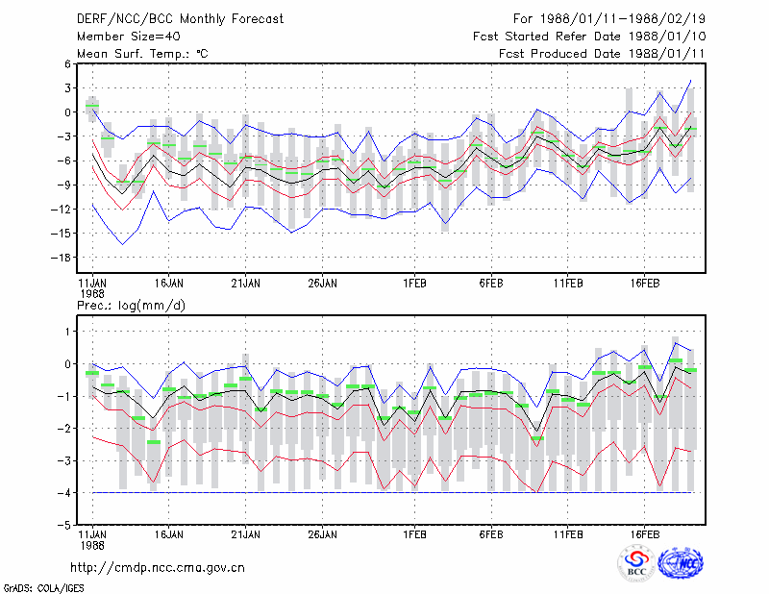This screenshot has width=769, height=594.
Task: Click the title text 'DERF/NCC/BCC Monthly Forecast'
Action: tap(180, 19)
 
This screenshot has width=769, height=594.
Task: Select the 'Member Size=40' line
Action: tap(129, 37)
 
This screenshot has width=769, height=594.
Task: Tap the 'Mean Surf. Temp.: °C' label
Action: tap(142, 54)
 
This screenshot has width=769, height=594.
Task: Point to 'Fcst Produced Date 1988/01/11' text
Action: tap(602, 54)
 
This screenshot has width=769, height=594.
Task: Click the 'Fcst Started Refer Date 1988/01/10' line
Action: tap(589, 37)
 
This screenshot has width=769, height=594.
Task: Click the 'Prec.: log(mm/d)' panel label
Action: tap(131, 306)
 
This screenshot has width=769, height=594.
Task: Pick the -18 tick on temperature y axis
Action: tap(61, 258)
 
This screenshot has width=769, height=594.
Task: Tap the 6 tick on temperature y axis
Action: tap(67, 63)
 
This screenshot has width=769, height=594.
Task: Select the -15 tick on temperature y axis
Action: tap(61, 234)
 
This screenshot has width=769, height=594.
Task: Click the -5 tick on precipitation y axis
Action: tap(63, 525)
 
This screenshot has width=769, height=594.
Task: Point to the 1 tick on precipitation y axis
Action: tap(67, 332)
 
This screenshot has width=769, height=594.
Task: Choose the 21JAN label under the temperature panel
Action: tap(246, 284)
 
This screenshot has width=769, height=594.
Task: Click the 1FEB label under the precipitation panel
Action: tap(415, 534)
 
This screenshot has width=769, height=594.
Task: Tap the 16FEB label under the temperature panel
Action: tap(645, 284)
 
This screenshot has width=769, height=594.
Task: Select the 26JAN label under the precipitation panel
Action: tap(322, 534)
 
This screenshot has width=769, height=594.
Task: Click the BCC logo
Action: tap(636, 563)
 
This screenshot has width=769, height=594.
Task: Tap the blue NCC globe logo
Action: tap(681, 563)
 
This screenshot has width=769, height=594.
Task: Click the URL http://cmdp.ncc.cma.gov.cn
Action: tap(158, 568)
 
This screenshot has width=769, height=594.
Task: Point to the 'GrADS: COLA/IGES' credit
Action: tap(43, 588)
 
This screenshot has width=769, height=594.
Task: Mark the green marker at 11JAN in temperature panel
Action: tap(92, 106)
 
